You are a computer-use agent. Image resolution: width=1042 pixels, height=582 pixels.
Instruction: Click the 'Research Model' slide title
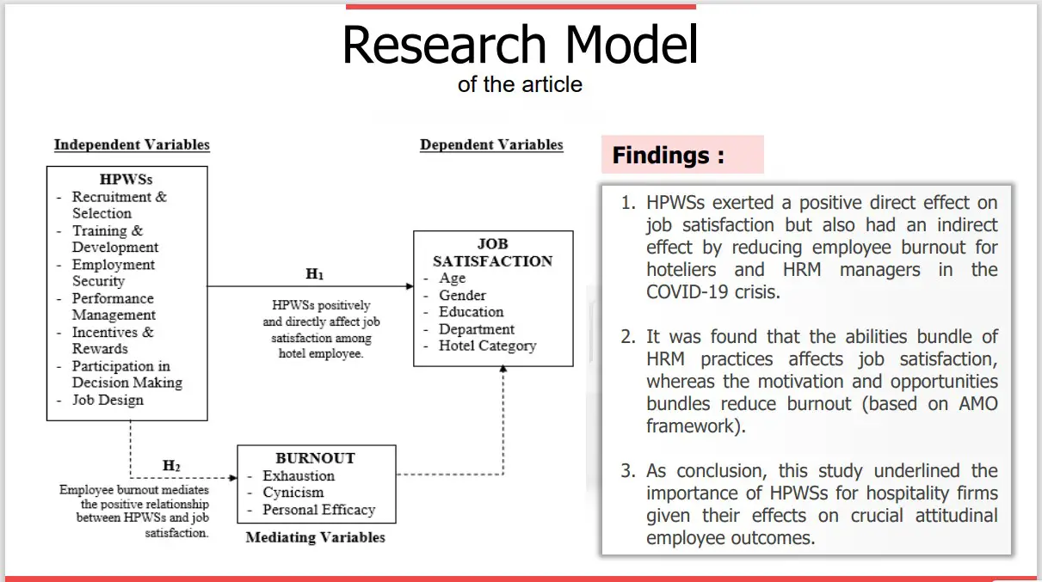520,45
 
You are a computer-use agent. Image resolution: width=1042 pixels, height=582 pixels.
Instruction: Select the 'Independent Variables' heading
132,144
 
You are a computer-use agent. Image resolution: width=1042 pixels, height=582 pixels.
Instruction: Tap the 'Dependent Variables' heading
491,144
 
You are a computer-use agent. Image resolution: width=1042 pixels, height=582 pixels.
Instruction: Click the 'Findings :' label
668,156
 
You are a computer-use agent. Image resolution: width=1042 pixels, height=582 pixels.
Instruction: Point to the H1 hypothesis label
314,273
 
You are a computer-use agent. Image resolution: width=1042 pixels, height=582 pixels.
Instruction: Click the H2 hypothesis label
171,465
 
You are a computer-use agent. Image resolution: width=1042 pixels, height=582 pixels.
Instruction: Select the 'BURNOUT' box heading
316,458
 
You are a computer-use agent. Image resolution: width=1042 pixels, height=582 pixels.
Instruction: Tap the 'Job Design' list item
108,400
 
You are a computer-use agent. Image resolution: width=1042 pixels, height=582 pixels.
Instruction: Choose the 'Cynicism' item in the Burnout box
293,493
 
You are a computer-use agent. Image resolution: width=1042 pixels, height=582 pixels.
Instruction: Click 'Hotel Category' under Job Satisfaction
488,346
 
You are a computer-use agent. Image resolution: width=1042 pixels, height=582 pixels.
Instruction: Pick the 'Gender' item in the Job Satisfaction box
462,295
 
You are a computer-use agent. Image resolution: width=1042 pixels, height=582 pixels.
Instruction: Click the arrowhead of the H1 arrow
410,286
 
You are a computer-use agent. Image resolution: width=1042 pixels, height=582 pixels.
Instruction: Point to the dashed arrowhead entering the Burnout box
233,478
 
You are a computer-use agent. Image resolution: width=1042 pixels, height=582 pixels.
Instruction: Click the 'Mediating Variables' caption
316,537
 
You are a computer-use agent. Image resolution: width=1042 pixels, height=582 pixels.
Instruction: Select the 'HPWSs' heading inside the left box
126,180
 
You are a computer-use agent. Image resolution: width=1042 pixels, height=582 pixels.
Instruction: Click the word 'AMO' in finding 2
978,403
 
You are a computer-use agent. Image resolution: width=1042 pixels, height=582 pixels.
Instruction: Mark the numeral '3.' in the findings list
628,471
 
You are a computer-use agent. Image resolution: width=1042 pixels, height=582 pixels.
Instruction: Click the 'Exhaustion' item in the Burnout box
299,476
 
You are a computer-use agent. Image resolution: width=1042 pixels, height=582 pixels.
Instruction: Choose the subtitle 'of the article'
520,84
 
